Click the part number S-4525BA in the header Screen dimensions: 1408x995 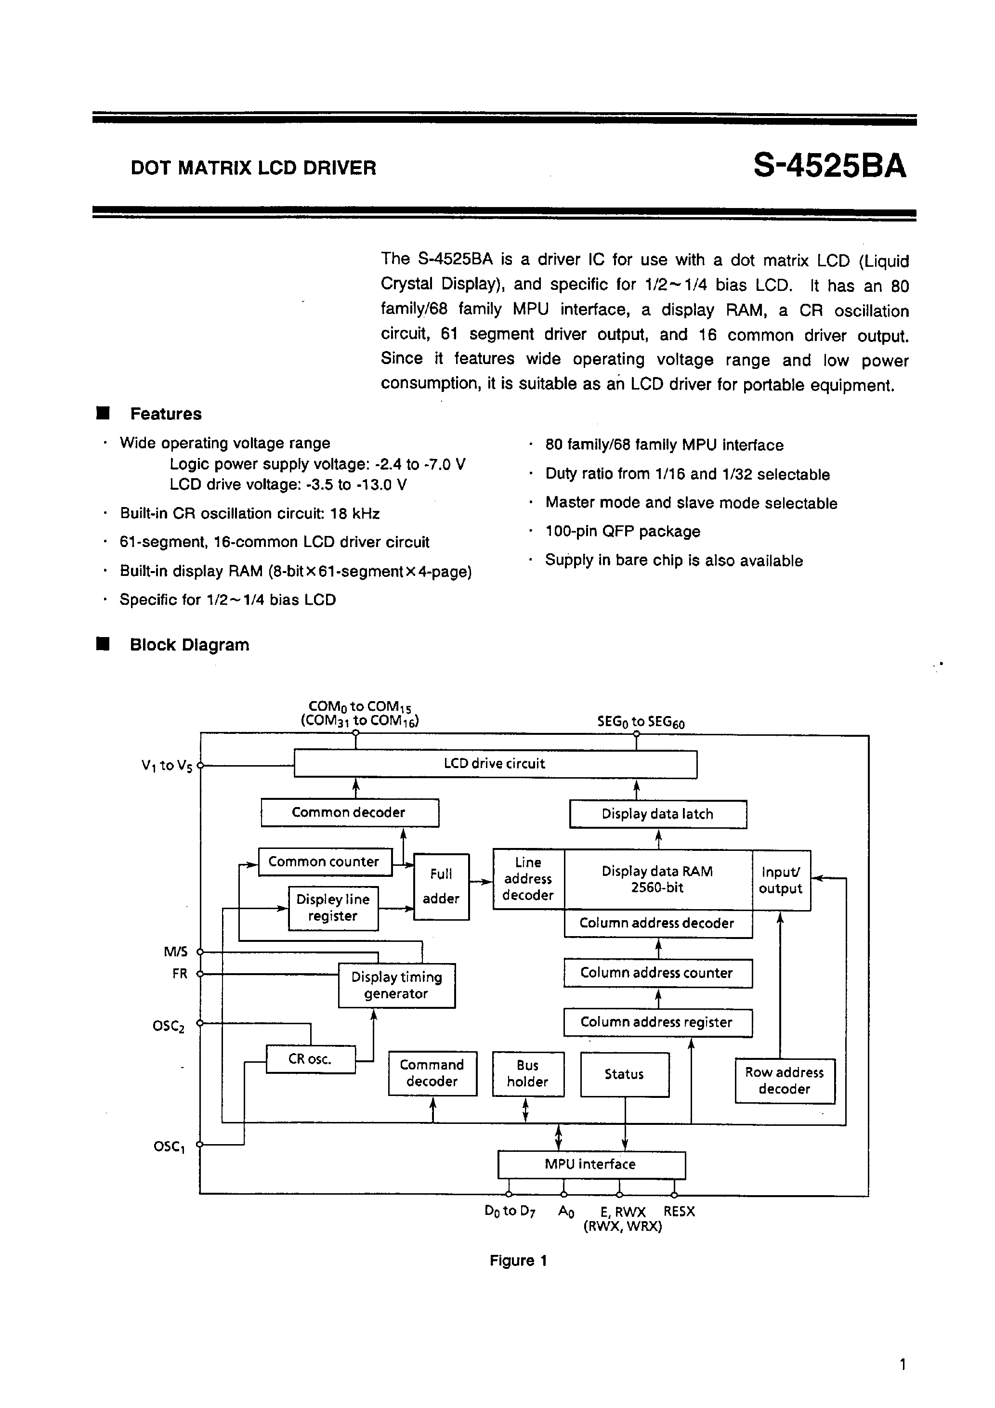[829, 166]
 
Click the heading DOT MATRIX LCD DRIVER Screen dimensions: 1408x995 [253, 168]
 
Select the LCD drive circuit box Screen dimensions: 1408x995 [495, 764]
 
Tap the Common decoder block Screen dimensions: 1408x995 [349, 812]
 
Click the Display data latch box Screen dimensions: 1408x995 [657, 814]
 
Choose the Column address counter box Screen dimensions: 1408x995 [657, 973]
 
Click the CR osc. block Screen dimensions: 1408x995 [311, 1059]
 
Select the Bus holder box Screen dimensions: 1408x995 [527, 1074]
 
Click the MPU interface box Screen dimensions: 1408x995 [591, 1164]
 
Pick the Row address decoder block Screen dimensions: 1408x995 [785, 1081]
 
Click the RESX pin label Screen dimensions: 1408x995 [679, 1212]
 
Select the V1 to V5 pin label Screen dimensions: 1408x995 [167, 766]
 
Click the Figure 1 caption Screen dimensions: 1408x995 [518, 1261]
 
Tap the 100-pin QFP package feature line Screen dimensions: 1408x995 [623, 532]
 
